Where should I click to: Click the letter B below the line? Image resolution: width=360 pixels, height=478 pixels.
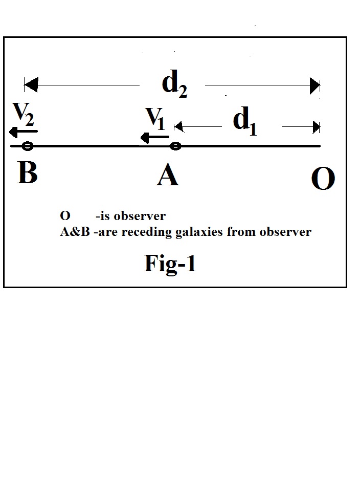(x=28, y=172)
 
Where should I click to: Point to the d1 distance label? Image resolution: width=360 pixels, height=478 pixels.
(x=244, y=121)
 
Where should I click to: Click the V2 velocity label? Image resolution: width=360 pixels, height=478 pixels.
(x=24, y=115)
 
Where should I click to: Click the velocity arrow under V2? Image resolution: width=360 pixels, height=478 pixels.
(x=22, y=132)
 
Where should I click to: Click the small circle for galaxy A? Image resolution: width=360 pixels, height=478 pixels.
(x=175, y=146)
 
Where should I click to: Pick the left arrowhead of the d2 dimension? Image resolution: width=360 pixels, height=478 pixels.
(x=31, y=85)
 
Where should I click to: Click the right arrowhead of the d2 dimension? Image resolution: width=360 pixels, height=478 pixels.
(x=314, y=86)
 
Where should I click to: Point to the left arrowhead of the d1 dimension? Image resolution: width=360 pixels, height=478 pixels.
(x=178, y=126)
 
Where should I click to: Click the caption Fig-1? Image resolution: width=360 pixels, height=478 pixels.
(x=170, y=263)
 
